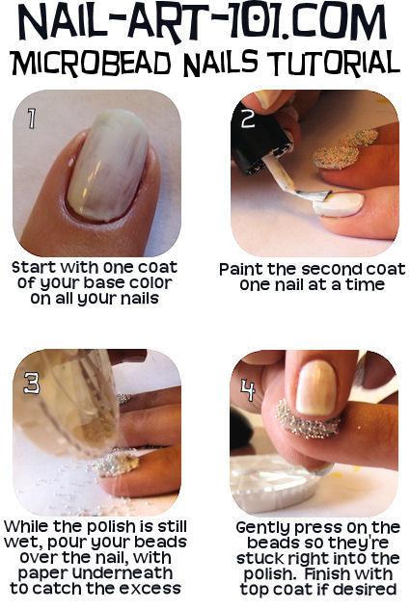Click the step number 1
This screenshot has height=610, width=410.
[31, 119]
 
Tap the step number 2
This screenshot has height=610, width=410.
[248, 119]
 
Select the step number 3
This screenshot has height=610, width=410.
[32, 383]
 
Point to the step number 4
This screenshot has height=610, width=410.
[248, 390]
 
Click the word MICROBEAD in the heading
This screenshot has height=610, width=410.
[92, 64]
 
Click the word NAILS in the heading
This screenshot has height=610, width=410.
[220, 63]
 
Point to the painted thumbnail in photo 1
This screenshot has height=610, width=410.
[108, 166]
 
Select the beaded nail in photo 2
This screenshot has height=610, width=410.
[344, 150]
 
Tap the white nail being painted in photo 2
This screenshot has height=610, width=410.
[338, 204]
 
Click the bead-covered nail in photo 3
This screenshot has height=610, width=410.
[117, 463]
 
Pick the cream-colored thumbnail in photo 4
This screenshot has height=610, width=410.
[315, 387]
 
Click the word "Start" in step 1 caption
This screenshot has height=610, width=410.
[34, 267]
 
